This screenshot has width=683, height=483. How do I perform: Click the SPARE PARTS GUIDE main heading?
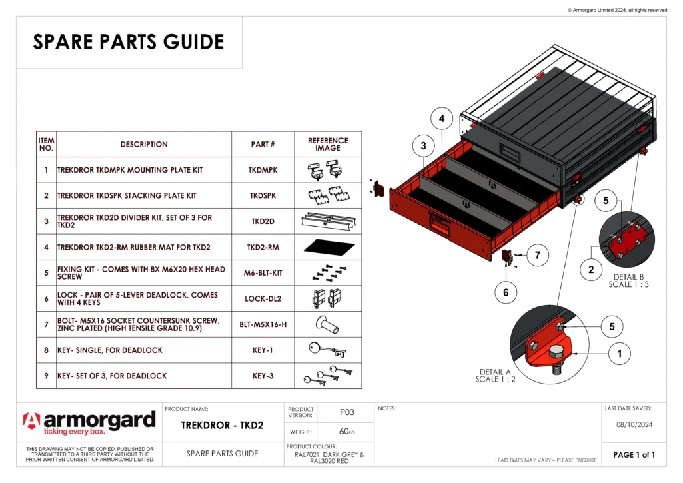pos(129,42)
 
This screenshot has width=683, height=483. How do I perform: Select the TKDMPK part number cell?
pos(263,170)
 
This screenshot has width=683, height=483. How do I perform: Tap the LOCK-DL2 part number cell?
pos(263,298)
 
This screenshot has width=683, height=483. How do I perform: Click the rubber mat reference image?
pos(327,247)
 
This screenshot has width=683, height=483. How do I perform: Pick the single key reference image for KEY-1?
pos(327,350)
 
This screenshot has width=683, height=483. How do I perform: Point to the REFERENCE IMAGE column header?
pos(327,144)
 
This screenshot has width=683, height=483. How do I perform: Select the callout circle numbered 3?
pos(423,145)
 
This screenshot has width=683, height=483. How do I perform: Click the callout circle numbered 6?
pos(506,292)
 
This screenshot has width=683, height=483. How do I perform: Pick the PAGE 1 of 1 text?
pos(634,455)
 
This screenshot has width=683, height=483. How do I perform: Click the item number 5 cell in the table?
pos(46,272)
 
